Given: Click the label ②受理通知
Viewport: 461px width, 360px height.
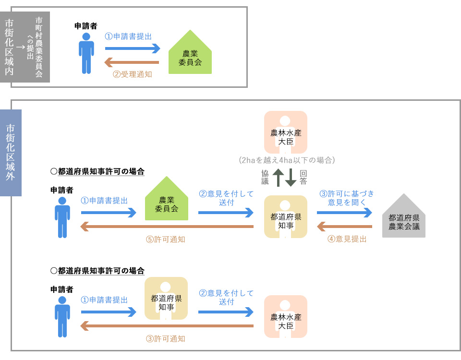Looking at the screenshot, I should (133, 74).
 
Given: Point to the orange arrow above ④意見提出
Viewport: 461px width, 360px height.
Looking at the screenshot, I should (345, 226).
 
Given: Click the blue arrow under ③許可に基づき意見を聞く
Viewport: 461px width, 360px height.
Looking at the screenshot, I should (345, 212).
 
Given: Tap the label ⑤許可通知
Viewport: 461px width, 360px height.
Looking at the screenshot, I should (165, 239).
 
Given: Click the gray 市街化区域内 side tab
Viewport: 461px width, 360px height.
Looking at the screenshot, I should (9, 47).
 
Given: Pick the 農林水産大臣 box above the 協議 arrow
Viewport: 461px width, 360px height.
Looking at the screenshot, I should (286, 132).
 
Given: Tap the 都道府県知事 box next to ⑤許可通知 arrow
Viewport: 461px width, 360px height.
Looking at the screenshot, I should (286, 217).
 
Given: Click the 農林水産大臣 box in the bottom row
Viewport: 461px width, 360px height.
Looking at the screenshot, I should (286, 316).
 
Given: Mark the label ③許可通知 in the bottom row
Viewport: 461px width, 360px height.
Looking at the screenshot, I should (165, 338).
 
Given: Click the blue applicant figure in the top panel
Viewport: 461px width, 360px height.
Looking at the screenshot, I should (86, 53).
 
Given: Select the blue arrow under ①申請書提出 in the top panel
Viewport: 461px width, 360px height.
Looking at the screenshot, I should (133, 48).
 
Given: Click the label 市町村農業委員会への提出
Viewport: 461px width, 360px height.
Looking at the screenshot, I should (35, 47).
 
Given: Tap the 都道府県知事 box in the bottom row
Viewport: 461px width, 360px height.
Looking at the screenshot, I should (166, 299).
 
